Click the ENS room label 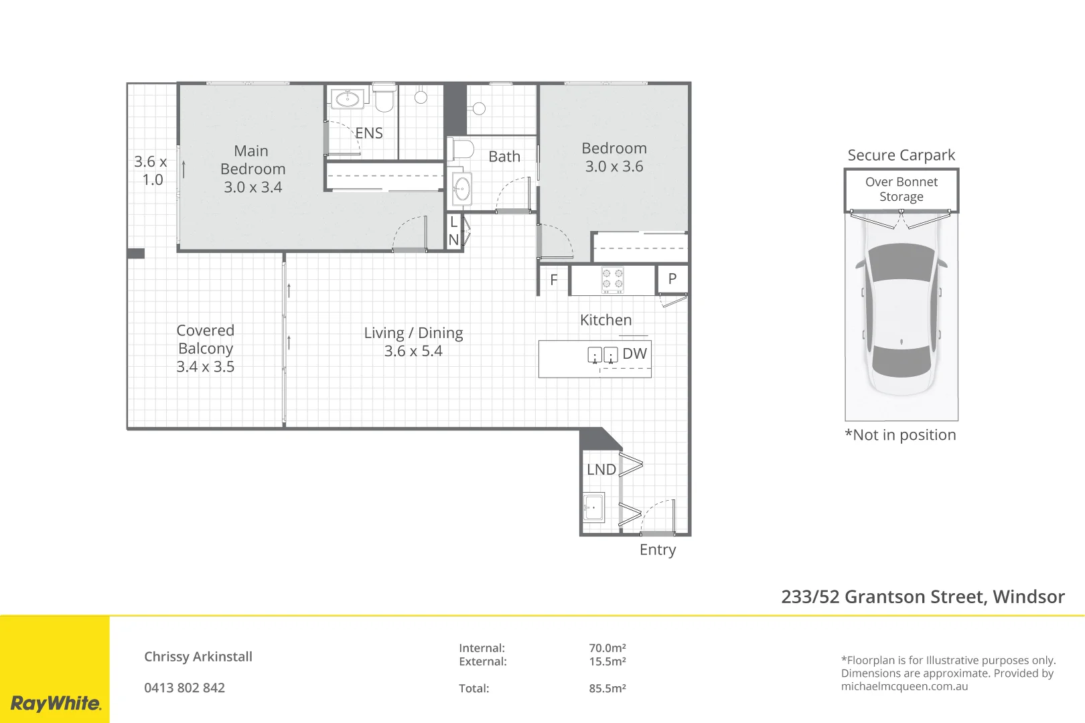click(369, 133)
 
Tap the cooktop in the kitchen click(612, 280)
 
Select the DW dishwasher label click(634, 353)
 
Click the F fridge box click(554, 280)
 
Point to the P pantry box click(672, 279)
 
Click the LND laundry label click(601, 470)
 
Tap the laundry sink click(593, 507)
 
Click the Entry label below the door click(657, 550)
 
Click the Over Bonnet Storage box click(901, 189)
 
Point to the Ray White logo click(55, 703)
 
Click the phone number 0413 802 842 click(184, 688)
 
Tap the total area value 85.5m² click(607, 688)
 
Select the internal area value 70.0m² click(607, 648)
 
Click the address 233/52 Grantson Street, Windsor click(922, 596)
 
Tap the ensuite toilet click(384, 99)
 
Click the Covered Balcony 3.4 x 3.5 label click(205, 348)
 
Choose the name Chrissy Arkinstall click(198, 657)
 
